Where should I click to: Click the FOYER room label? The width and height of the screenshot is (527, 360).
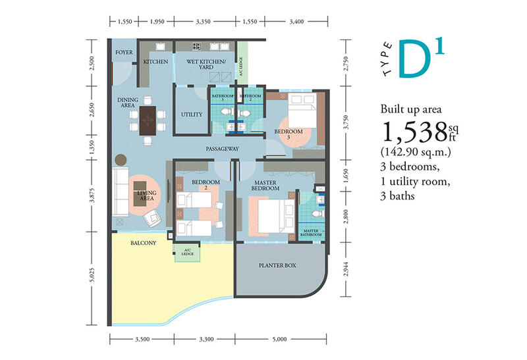pos(124,53)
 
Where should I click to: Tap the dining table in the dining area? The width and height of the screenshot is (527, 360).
pos(148,120)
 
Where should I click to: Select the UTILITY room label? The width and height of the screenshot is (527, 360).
pos(192,115)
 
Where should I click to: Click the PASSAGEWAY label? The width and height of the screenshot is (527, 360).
pos(222,149)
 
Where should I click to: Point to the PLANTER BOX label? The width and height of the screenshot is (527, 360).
pos(277,265)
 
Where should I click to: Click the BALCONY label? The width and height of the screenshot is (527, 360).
pos(143,243)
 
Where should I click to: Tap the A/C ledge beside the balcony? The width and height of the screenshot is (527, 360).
pos(187,253)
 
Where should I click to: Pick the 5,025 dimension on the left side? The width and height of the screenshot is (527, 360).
pos(92,274)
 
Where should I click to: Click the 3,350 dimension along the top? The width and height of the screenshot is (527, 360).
pos(203,22)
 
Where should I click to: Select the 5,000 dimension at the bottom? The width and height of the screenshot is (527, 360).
pos(279,339)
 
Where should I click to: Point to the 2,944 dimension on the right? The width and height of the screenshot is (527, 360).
pos(347,269)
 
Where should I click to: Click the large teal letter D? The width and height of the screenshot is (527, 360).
pos(414,59)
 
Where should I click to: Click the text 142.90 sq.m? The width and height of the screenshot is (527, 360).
pos(416,152)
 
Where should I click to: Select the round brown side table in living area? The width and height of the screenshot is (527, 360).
pos(121,160)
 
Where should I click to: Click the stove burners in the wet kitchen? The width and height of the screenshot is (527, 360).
pos(196,46)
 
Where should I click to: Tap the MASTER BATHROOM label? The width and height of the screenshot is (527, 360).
pos(311,233)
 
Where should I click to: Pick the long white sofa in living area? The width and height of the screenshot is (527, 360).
pos(120,192)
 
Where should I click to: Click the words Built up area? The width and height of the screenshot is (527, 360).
pos(411,109)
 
